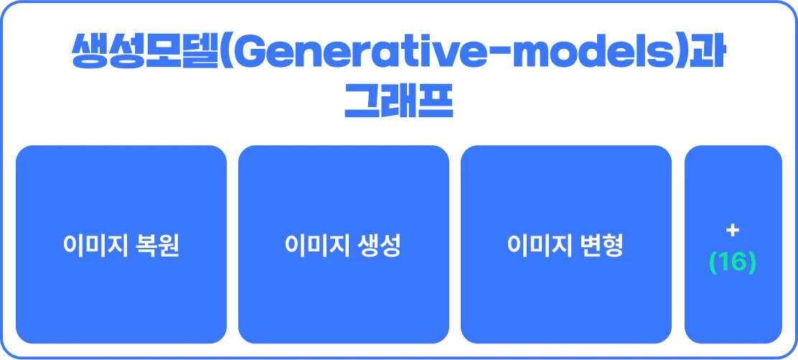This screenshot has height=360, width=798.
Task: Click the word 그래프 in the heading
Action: (398, 102)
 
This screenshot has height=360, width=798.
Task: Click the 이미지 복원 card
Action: (121, 244)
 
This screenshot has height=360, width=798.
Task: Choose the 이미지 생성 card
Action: (344, 244)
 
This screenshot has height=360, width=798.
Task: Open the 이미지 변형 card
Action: (566, 244)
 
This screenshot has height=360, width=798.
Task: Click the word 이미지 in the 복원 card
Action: (95, 245)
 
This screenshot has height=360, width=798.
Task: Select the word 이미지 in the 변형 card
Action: (540, 245)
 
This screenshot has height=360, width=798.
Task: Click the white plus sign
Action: (733, 231)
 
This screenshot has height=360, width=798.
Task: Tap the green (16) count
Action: (733, 262)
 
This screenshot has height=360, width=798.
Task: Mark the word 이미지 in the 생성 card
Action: (318, 245)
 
